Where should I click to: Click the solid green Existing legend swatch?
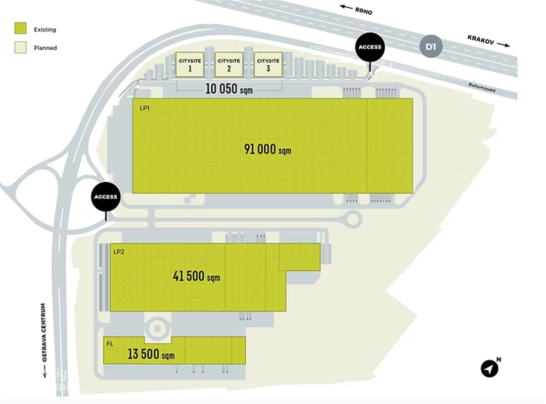[x=20, y=29]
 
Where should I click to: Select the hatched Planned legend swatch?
[x=20, y=47]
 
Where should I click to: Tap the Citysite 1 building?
[x=189, y=64]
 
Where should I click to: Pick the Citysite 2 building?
[x=229, y=64]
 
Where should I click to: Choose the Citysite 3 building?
[x=268, y=64]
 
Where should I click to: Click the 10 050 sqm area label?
[x=229, y=89]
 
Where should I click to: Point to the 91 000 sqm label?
[x=267, y=149]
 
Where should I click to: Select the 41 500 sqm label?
[x=196, y=276]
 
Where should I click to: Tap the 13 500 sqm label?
[x=151, y=354]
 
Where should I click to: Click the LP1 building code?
[x=144, y=108]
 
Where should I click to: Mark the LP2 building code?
[x=119, y=251]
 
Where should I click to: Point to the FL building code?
[x=109, y=343]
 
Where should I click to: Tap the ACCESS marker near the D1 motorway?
[x=370, y=47]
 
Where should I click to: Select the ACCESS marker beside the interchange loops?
[x=106, y=196]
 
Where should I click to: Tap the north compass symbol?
[x=489, y=369]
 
